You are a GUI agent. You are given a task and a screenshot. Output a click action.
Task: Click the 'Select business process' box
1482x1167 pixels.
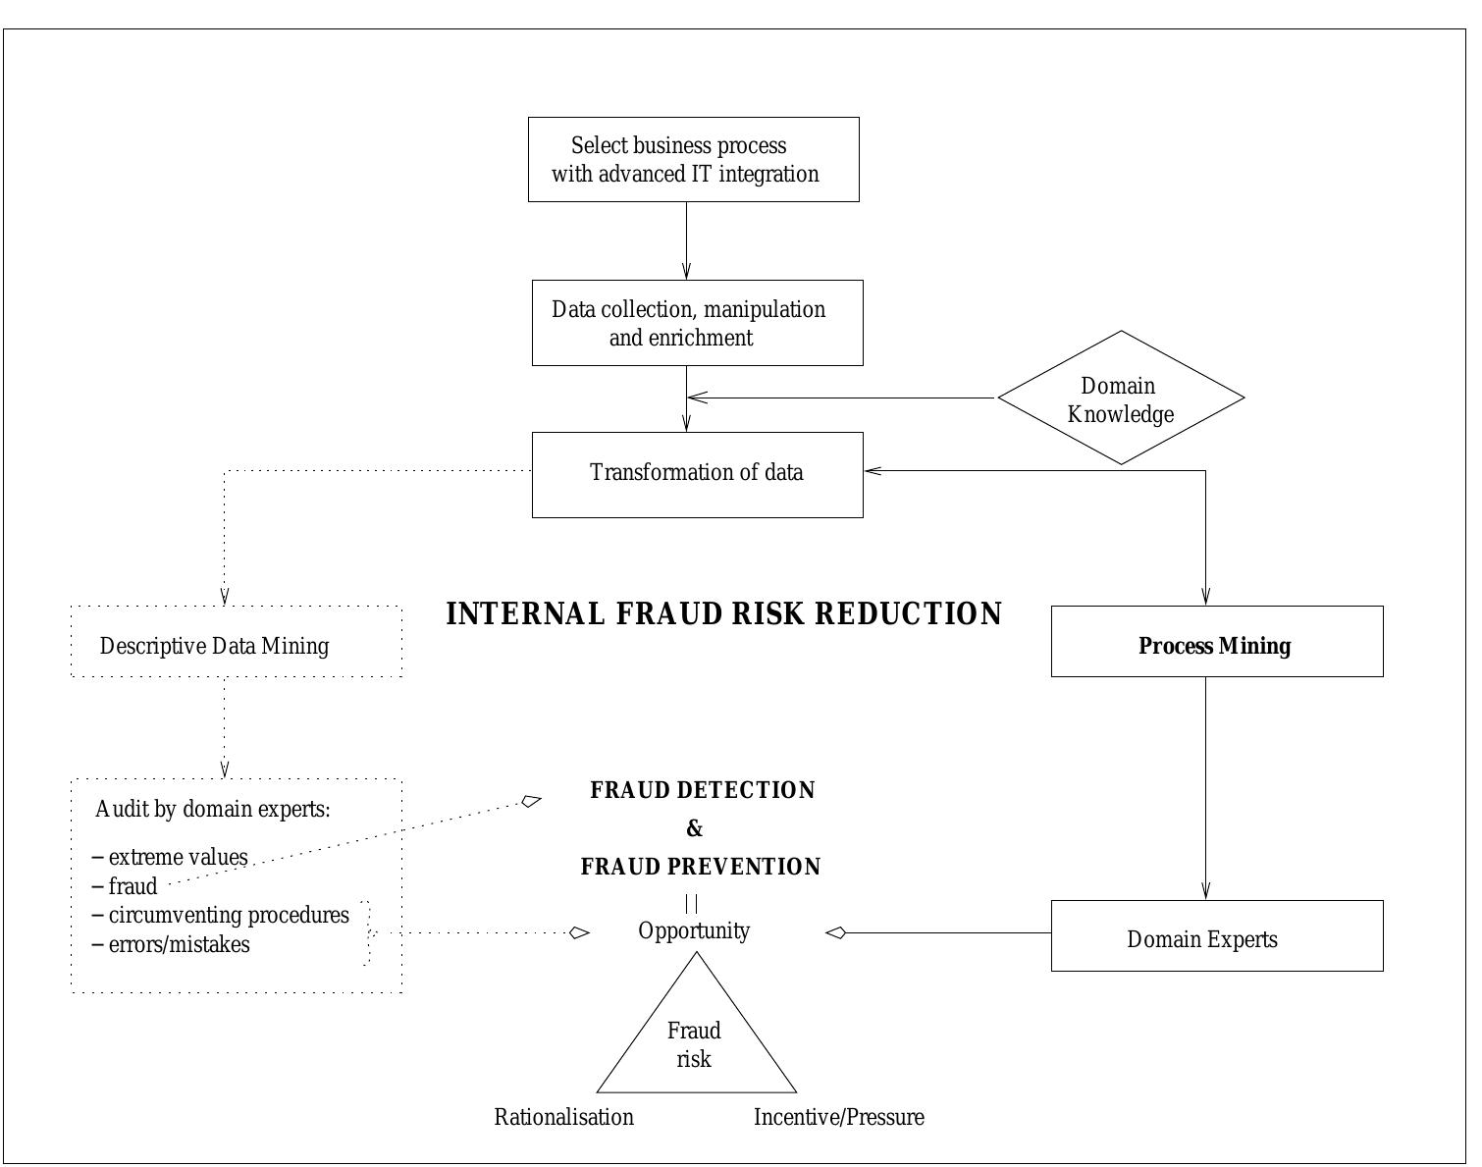point(693,159)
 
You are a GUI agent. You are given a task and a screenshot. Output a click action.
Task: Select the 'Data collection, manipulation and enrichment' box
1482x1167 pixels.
point(697,323)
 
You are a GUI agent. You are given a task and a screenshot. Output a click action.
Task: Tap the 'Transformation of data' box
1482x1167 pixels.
point(697,474)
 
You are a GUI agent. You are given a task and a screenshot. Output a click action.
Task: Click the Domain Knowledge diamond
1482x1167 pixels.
point(1121,398)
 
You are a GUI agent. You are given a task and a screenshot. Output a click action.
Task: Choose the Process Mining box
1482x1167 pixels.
point(1216,642)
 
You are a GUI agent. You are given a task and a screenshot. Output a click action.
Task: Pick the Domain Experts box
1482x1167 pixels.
point(1216,936)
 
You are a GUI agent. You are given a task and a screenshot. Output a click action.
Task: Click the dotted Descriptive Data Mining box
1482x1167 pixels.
point(237,642)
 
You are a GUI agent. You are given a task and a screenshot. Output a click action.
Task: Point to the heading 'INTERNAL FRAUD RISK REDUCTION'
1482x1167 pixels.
point(724,614)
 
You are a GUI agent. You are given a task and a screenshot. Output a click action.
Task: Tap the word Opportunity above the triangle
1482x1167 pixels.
point(694,930)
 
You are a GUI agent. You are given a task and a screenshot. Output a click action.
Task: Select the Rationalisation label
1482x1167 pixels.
point(563,1117)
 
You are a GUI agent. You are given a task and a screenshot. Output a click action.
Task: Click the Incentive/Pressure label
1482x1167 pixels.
point(838,1117)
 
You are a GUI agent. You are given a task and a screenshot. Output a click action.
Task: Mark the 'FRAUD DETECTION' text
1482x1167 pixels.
point(702,791)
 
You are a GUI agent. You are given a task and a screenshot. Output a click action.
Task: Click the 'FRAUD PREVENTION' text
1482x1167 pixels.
point(701,867)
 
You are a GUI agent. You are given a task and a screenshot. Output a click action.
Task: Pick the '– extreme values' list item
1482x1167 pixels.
point(171,857)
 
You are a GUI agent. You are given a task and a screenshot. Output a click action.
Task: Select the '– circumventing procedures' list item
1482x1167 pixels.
point(221,915)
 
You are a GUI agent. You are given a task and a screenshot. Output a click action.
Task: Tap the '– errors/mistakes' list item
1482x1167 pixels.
point(172,944)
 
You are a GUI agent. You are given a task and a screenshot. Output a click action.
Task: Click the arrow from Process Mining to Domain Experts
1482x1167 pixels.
point(1205,785)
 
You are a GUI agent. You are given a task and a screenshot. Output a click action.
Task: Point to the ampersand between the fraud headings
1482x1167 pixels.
point(695,829)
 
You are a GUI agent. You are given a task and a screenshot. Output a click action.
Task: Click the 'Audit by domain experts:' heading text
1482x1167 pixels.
point(213,810)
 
